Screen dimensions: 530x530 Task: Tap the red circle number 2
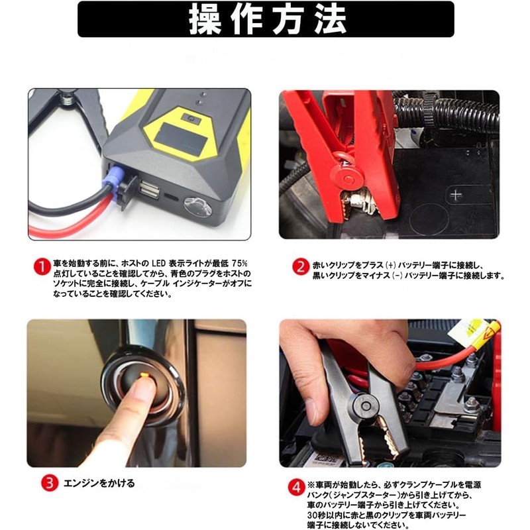(300, 266)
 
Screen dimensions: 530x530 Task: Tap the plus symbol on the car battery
(455, 195)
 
